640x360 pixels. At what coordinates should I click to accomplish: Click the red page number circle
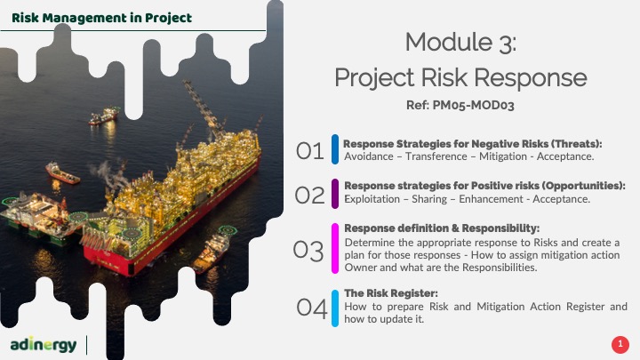point(620,345)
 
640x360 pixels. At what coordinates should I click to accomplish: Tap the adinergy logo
point(44,345)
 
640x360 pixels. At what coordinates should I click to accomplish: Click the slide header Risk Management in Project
point(101,18)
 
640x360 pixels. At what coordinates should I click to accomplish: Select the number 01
point(310,150)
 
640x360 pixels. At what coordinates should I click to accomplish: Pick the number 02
point(310,195)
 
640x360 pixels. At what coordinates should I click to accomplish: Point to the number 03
point(308,250)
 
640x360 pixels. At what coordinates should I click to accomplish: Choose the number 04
point(312,308)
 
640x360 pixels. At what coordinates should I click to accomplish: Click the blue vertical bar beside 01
point(335,149)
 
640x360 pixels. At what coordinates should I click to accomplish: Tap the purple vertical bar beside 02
point(335,194)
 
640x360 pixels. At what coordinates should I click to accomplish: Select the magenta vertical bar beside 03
point(335,248)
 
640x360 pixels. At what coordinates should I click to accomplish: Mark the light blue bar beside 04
point(335,308)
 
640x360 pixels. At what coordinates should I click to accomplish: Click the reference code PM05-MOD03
point(473,105)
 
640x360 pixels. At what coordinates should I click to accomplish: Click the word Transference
point(436,156)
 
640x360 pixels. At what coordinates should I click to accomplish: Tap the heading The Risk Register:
point(391,293)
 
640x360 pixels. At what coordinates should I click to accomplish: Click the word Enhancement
point(491,199)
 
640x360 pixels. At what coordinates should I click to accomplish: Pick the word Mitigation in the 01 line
point(503,156)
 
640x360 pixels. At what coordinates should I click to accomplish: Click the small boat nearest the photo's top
point(104,116)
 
